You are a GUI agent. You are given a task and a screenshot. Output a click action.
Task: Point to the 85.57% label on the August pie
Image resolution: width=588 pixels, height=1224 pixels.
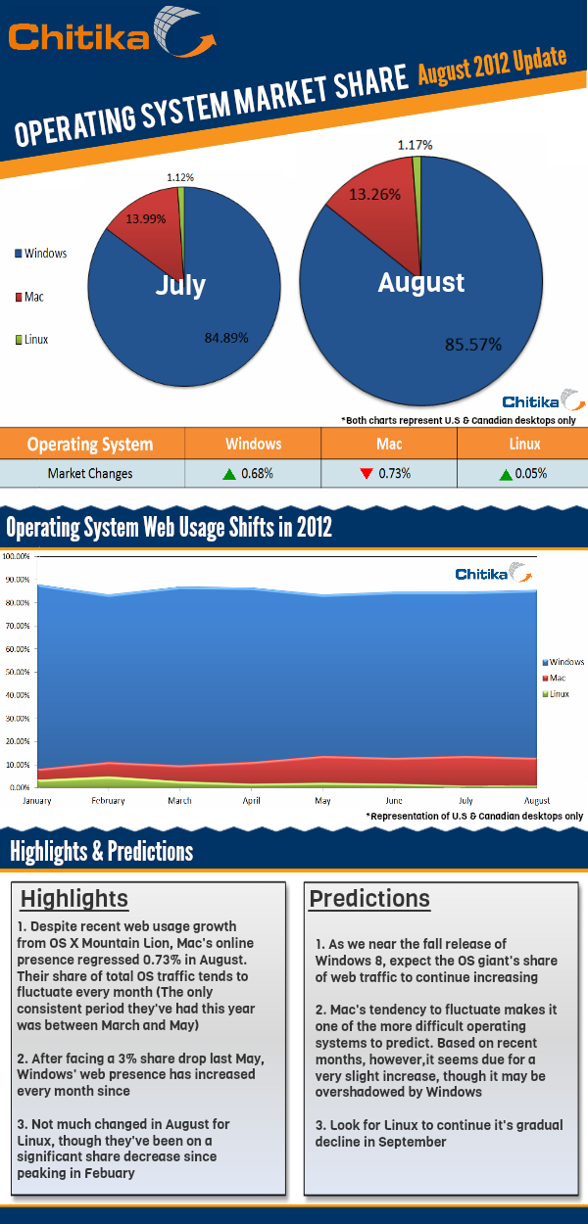click(x=473, y=345)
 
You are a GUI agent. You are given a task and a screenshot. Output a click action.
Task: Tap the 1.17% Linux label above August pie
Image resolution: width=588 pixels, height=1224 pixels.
click(x=415, y=145)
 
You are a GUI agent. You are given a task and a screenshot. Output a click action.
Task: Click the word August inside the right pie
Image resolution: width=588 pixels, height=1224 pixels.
click(x=421, y=283)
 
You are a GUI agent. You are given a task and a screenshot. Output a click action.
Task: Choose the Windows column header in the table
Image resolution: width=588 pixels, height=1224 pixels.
click(x=253, y=444)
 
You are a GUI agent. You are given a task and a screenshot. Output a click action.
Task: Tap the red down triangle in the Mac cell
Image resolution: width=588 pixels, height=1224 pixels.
click(x=366, y=474)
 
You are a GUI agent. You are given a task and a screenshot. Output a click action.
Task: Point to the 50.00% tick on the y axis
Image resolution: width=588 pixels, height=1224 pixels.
click(x=17, y=672)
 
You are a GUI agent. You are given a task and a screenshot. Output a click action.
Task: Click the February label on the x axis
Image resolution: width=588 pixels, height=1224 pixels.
click(x=108, y=801)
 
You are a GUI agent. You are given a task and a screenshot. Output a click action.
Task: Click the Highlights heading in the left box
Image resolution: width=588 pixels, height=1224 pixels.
click(x=74, y=898)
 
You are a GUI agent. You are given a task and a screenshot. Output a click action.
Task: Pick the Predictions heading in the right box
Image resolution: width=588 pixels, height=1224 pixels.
click(x=369, y=898)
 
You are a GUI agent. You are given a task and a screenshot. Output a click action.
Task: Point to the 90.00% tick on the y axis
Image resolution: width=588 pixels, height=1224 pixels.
click(x=17, y=579)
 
